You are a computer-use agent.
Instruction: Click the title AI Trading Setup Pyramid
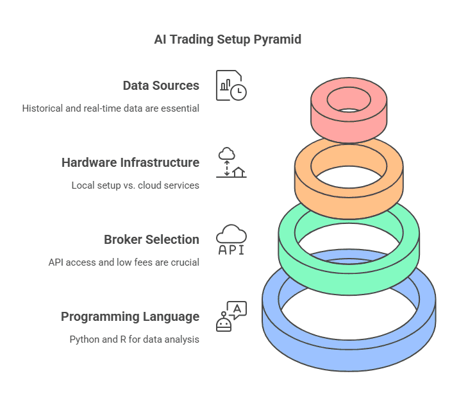[228, 40]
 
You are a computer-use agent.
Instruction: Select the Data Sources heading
[161, 86]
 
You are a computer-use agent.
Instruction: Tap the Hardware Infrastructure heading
[130, 163]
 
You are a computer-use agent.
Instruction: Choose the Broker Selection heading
[151, 240]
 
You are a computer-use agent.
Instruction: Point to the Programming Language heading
[130, 317]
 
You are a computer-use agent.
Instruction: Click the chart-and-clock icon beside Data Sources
[231, 85]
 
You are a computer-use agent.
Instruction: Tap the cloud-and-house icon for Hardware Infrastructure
[231, 162]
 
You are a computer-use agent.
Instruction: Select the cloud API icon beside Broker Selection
[231, 240]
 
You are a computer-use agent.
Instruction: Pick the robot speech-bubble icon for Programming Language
[231, 316]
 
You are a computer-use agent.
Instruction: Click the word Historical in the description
[42, 108]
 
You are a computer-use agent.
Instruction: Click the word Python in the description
[84, 339]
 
